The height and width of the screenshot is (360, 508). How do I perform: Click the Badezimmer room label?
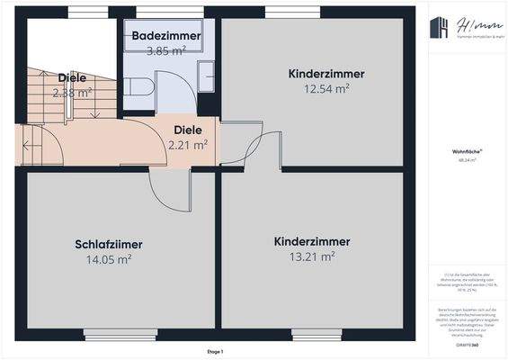165,35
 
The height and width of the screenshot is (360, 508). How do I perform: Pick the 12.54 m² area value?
319,88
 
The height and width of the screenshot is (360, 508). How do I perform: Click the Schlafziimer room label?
109,244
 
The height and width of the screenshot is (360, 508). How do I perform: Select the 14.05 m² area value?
109,259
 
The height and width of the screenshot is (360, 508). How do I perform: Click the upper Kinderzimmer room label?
319,73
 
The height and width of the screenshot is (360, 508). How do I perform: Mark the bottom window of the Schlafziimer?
109,334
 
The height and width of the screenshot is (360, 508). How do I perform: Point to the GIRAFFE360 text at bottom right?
465,345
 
